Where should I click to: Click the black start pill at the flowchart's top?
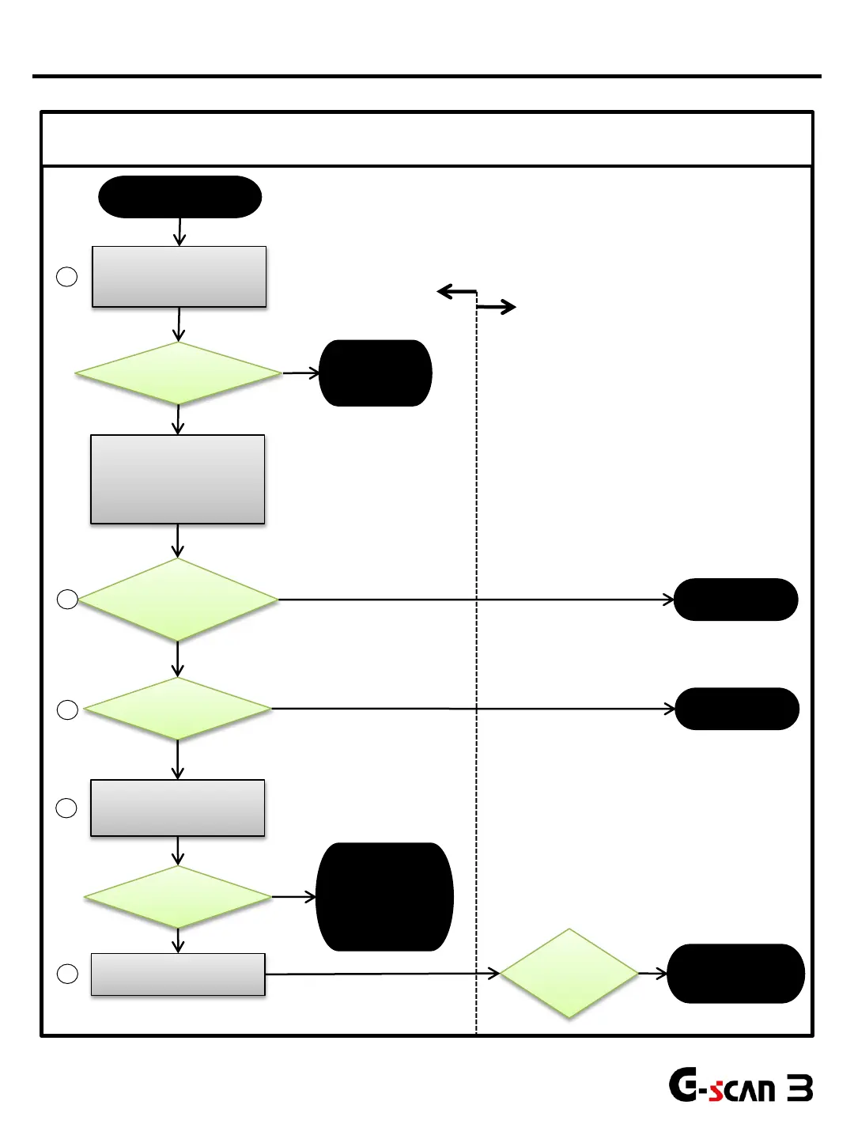179,197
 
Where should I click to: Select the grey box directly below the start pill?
179,276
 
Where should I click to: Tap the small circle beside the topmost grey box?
67,277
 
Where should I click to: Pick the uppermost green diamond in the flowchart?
179,373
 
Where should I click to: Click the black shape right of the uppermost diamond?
376,373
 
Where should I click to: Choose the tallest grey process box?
178,479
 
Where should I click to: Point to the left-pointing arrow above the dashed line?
456,292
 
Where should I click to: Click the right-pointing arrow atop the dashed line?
497,307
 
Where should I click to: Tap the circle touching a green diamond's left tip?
68,600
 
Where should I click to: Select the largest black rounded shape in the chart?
384,896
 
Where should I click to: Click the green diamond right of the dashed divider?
569,973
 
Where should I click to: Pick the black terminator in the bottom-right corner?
735,974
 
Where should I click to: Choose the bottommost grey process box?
178,974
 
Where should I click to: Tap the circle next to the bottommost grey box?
68,974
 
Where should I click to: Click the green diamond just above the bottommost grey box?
178,897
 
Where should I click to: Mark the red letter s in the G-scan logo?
716,1092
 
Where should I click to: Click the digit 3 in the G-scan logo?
800,1089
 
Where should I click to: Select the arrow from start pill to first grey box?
180,232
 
